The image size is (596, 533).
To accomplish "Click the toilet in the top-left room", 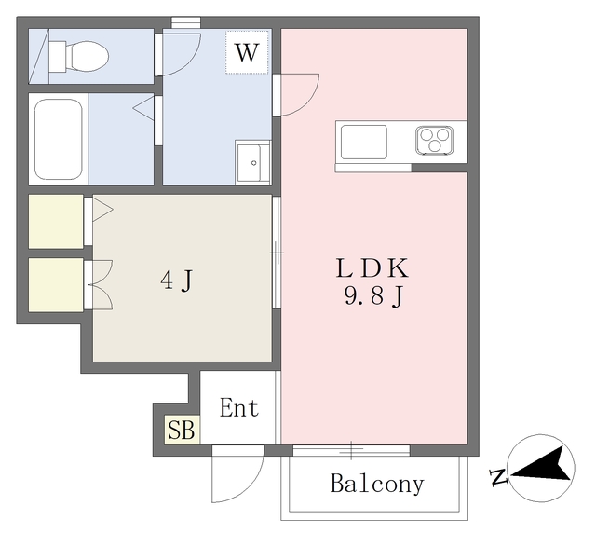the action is pyautogui.click(x=78, y=57).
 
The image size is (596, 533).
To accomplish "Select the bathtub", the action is pyautogui.click(x=59, y=139).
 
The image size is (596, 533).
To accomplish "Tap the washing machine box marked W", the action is pyautogui.click(x=247, y=52).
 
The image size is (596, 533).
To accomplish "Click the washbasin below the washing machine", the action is pyautogui.click(x=252, y=163).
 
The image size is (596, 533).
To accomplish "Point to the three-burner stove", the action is pyautogui.click(x=435, y=140).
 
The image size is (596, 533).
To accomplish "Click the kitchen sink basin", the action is pyautogui.click(x=364, y=142).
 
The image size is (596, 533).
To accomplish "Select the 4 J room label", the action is pyautogui.click(x=177, y=280).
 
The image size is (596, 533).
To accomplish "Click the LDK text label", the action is pyautogui.click(x=372, y=268).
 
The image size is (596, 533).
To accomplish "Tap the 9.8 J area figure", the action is pyautogui.click(x=373, y=296).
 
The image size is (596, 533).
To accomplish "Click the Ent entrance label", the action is pyautogui.click(x=239, y=407).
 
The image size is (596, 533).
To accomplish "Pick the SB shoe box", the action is pyautogui.click(x=182, y=430).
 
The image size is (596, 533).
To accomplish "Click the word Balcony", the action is pyautogui.click(x=376, y=484).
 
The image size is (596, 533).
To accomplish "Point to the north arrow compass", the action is pyautogui.click(x=541, y=468).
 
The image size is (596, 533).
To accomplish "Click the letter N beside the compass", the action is pyautogui.click(x=498, y=478).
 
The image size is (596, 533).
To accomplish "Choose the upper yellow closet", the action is pyautogui.click(x=56, y=222).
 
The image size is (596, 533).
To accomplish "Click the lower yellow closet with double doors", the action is pyautogui.click(x=56, y=285).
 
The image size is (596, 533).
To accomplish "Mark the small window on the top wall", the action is pyautogui.click(x=186, y=22).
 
